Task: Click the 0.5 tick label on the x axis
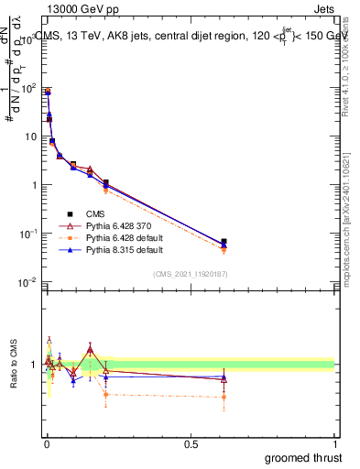[191, 444]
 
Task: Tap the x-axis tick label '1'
[334, 444]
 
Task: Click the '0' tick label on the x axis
[47, 444]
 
